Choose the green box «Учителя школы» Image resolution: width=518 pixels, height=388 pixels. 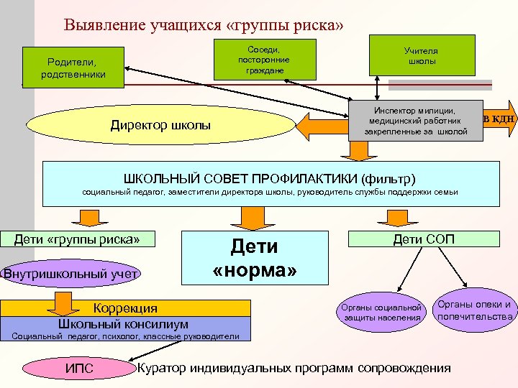(x=422, y=55)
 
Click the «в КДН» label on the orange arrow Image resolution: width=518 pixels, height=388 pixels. (x=499, y=119)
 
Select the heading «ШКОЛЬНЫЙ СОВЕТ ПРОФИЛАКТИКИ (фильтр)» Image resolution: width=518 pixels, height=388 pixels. (x=270, y=176)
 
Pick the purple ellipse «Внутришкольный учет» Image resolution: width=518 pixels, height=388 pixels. (x=72, y=272)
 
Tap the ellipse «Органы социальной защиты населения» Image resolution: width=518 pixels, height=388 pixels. (x=381, y=312)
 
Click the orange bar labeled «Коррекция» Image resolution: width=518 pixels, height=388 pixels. (x=127, y=308)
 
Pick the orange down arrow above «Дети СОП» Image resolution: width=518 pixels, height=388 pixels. (x=396, y=217)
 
